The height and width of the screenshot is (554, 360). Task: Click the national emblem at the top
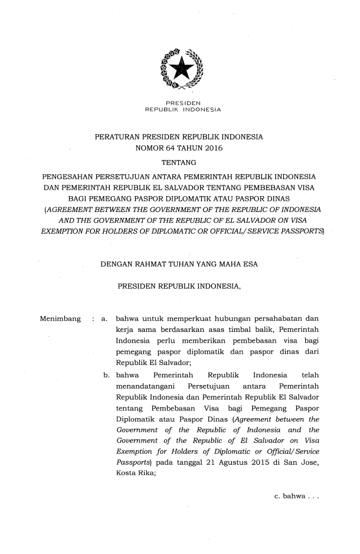coord(179,69)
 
